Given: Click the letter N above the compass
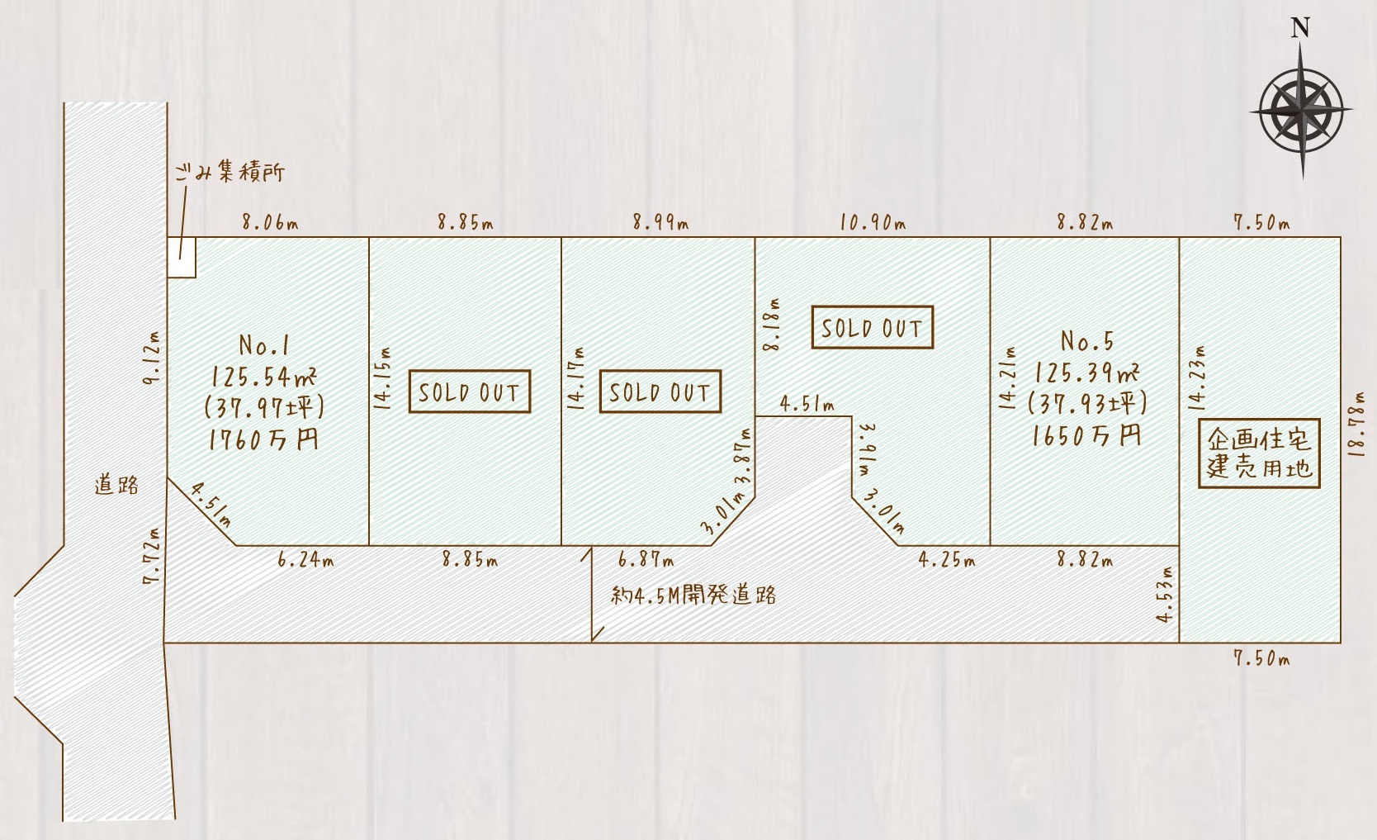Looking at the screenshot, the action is coord(1300,28).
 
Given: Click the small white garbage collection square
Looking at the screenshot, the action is coord(182,258).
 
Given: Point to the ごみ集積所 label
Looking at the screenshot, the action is coord(229,172).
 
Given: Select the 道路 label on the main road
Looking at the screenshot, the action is coord(116,485).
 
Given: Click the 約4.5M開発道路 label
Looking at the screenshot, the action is coord(693,596).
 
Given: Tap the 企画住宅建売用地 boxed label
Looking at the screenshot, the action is coord(1259,453).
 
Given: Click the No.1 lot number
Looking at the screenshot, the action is coord(263,345).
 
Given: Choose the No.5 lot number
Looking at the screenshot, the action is coord(1087,340).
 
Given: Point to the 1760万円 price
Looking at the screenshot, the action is coord(263,439).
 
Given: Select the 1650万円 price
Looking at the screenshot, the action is coord(1087,435).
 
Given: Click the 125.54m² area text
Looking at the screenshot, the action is coord(264,377).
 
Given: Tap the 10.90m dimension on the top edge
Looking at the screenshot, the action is coord(873,223).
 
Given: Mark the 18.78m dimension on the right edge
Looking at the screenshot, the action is coord(1358,424).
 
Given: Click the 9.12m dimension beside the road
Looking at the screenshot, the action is coord(151,358).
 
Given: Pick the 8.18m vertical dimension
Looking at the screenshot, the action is coord(771,324).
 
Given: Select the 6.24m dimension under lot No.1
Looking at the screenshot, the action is coord(305,560).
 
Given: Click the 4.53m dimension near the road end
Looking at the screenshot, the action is coord(1164,595).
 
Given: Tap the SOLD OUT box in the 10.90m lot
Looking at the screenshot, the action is coord(873,327).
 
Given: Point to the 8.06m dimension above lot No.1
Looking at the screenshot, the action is coord(270,223).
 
